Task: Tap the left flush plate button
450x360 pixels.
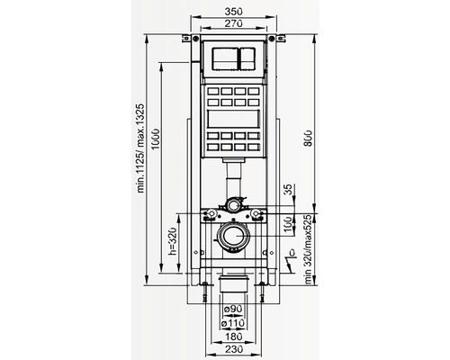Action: click(x=220, y=61)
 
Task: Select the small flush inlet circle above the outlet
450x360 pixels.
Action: click(x=232, y=206)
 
